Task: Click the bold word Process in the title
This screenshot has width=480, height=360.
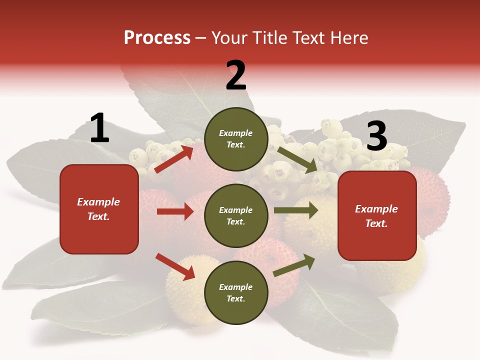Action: tap(157, 37)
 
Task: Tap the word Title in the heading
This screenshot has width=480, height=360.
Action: tap(270, 37)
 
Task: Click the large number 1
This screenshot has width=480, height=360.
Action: tap(99, 128)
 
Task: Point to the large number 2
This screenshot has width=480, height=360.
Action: tap(236, 75)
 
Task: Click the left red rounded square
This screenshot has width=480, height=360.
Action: tap(99, 209)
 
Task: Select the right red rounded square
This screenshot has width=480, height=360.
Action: tap(377, 216)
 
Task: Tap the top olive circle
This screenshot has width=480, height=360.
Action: tap(236, 139)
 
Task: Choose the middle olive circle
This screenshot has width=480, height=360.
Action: tap(236, 215)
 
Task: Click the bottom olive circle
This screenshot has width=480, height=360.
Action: tap(236, 292)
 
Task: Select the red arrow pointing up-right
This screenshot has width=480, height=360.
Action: tap(174, 159)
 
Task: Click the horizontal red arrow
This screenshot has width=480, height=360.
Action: tap(175, 211)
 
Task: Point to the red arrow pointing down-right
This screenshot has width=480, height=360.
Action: tap(175, 266)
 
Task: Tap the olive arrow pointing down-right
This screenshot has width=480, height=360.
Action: tap(297, 159)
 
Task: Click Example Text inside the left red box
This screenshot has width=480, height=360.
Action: tap(98, 209)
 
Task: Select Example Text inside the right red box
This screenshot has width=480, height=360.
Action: tap(376, 216)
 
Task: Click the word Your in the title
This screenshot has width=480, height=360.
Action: tap(230, 37)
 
